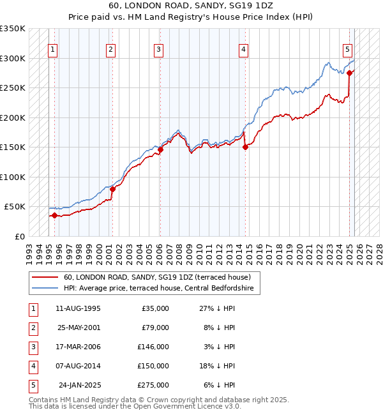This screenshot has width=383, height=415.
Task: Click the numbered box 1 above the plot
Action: click(52, 49)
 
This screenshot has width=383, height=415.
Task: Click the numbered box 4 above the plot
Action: click(244, 49)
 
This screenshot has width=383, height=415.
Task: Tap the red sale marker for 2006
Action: click(161, 149)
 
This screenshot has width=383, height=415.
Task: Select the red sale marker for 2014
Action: click(246, 147)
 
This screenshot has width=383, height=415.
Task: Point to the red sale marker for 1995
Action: click(54, 215)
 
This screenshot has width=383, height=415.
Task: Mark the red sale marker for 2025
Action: click(350, 73)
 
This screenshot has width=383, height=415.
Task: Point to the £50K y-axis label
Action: click(15, 207)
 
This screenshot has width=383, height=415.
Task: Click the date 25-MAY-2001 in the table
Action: click(79, 328)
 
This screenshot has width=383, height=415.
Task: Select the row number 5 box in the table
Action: click(33, 385)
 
